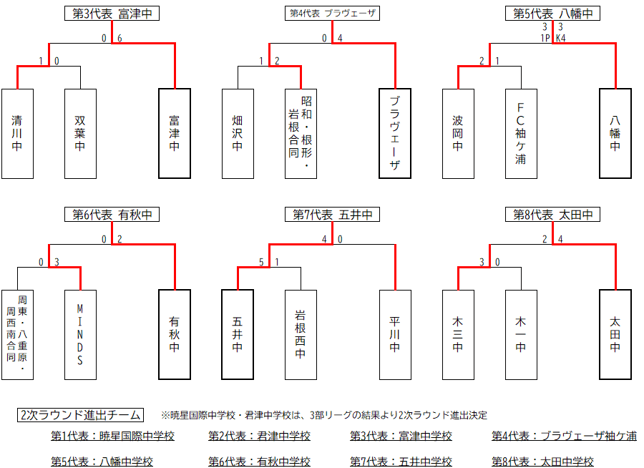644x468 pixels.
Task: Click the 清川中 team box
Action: [x=17, y=134]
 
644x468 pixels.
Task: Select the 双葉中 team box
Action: [x=80, y=134]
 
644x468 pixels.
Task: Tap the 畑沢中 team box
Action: [x=238, y=134]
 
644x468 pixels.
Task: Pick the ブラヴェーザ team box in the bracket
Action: [x=395, y=134]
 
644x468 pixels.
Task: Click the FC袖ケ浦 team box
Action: [x=521, y=134]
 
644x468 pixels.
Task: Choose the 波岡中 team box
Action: [x=458, y=134]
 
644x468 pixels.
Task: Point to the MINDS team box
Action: [x=80, y=334]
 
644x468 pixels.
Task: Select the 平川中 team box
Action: [x=395, y=334]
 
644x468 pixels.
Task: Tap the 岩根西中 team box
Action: [x=301, y=334]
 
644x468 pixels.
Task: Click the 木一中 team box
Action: [x=521, y=334]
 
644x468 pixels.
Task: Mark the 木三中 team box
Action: [x=458, y=334]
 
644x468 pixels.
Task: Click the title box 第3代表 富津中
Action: [x=111, y=14]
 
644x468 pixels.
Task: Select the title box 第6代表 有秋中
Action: [x=111, y=214]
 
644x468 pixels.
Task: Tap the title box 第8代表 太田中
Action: [x=552, y=214]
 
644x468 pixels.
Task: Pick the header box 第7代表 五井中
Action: [x=331, y=214]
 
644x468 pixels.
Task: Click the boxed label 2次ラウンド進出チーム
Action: [x=80, y=415]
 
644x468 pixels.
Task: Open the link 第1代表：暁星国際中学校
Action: [x=112, y=436]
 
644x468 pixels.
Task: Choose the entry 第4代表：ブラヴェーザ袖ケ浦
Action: [x=564, y=436]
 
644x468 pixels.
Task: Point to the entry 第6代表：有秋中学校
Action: [x=259, y=462]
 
